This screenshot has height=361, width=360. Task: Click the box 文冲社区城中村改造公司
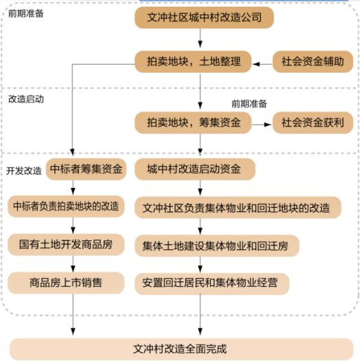(x=204, y=17)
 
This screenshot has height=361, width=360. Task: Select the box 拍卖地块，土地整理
(x=193, y=62)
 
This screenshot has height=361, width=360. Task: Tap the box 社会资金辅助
(x=313, y=62)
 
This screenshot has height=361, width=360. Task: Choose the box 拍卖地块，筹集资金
(x=193, y=123)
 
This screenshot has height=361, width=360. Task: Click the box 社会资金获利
(x=313, y=123)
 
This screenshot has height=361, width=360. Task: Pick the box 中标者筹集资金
(x=86, y=170)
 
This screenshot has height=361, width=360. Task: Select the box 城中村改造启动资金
(x=195, y=170)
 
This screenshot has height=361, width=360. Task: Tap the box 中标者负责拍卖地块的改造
(x=66, y=207)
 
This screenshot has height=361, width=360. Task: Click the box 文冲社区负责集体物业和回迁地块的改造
(x=238, y=207)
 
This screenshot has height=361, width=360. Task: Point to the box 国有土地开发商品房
(x=66, y=245)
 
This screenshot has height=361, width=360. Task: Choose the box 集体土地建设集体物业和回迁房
(x=217, y=246)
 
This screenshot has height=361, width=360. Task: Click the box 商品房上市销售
(x=66, y=283)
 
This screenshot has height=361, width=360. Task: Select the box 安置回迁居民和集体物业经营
(x=212, y=284)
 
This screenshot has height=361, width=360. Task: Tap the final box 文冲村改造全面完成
(x=181, y=349)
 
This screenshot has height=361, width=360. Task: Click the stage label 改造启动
(x=26, y=100)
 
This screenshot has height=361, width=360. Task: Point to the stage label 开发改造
(x=24, y=171)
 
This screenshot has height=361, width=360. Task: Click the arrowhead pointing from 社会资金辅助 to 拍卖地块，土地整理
(x=256, y=65)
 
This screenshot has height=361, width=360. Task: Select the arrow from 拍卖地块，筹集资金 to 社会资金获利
(x=262, y=124)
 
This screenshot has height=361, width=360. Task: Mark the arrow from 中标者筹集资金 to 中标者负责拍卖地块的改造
(x=73, y=187)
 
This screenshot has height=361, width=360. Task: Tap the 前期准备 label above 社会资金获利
(x=249, y=104)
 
